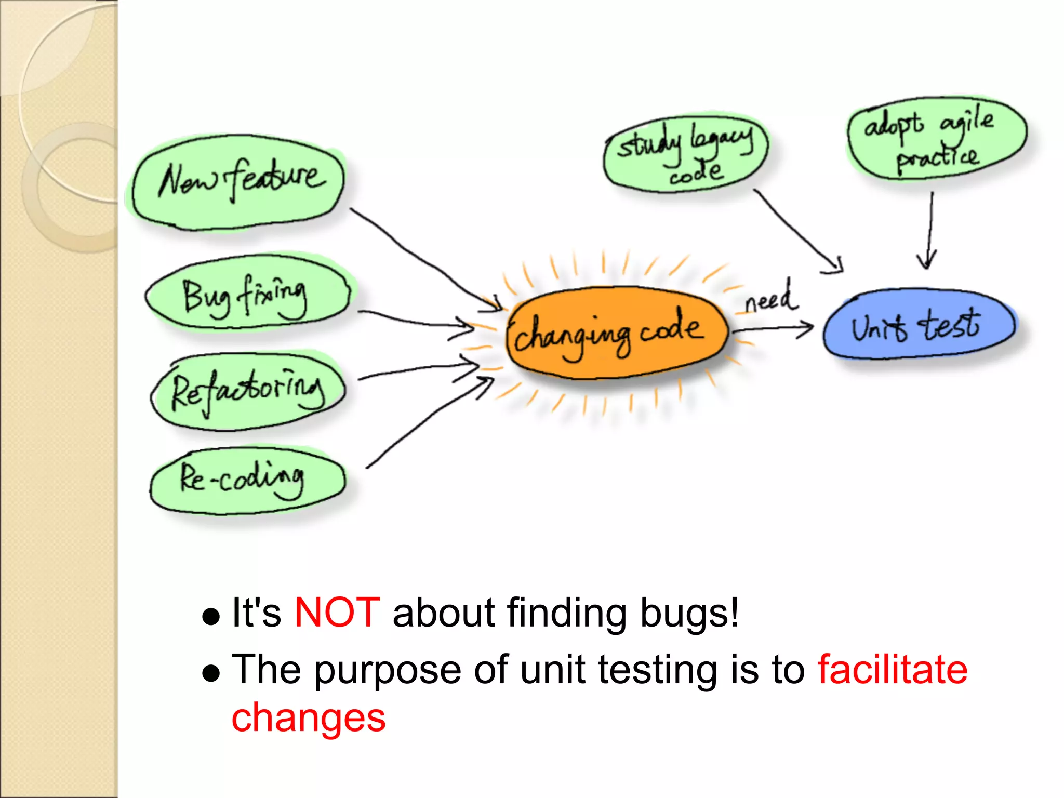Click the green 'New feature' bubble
(x=238, y=182)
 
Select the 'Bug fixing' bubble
(x=247, y=294)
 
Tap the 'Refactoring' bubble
(x=248, y=392)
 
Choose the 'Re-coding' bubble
(x=247, y=481)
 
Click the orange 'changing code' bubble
(x=616, y=332)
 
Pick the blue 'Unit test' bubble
(x=919, y=325)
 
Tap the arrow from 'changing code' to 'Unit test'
(x=774, y=328)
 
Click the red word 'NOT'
(x=337, y=613)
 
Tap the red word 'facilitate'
(x=893, y=670)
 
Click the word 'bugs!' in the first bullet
(x=689, y=613)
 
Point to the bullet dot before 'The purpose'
(x=211, y=674)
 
